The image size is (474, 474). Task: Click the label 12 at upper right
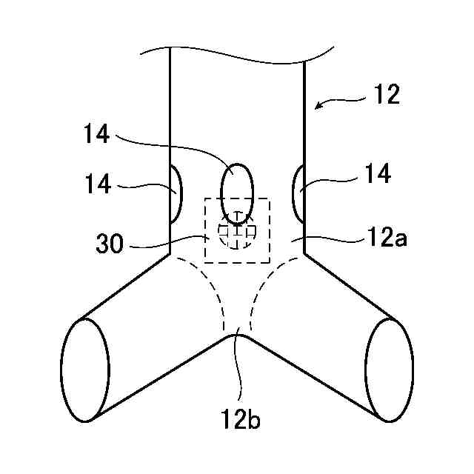coord(387,95)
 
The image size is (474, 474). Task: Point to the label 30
coord(110,244)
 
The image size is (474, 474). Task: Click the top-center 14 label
coord(98,134)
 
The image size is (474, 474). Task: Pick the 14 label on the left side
coord(98,184)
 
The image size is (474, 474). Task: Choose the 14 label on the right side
coord(378,175)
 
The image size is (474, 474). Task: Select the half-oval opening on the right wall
coord(300,193)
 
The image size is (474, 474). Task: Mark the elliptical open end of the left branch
coord(86,370)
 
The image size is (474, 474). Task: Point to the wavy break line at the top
coord(237,53)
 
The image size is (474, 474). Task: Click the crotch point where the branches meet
coord(237,335)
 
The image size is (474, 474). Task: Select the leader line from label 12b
coord(237,370)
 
